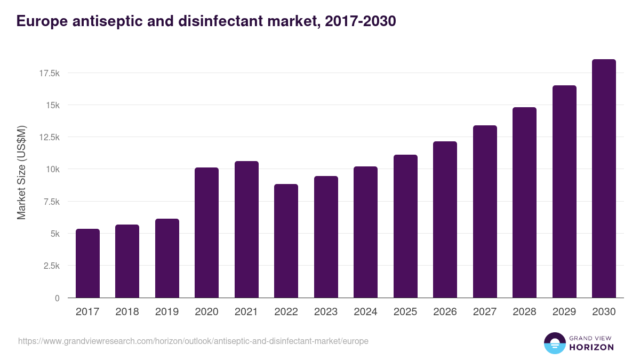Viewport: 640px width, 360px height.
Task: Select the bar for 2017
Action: [87, 263]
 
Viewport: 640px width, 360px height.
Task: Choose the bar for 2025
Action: [405, 226]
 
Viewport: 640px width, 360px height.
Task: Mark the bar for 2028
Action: [524, 203]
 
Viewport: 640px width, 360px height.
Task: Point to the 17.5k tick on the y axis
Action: [49, 73]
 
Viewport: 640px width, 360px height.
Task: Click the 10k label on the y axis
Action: [52, 170]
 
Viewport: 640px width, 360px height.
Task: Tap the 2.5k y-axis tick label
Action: [51, 266]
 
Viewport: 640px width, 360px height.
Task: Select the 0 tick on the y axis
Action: [57, 298]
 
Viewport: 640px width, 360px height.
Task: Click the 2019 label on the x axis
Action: [167, 312]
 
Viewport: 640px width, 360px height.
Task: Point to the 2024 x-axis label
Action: [365, 312]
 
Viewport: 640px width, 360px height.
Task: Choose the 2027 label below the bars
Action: [485, 312]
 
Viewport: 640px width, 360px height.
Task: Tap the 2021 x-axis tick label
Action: [246, 312]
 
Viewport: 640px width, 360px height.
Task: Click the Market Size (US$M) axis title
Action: [21, 172]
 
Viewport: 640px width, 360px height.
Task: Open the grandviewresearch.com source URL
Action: [193, 341]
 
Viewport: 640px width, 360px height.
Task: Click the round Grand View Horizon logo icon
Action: [554, 343]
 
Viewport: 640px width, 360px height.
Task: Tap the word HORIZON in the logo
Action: [591, 347]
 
